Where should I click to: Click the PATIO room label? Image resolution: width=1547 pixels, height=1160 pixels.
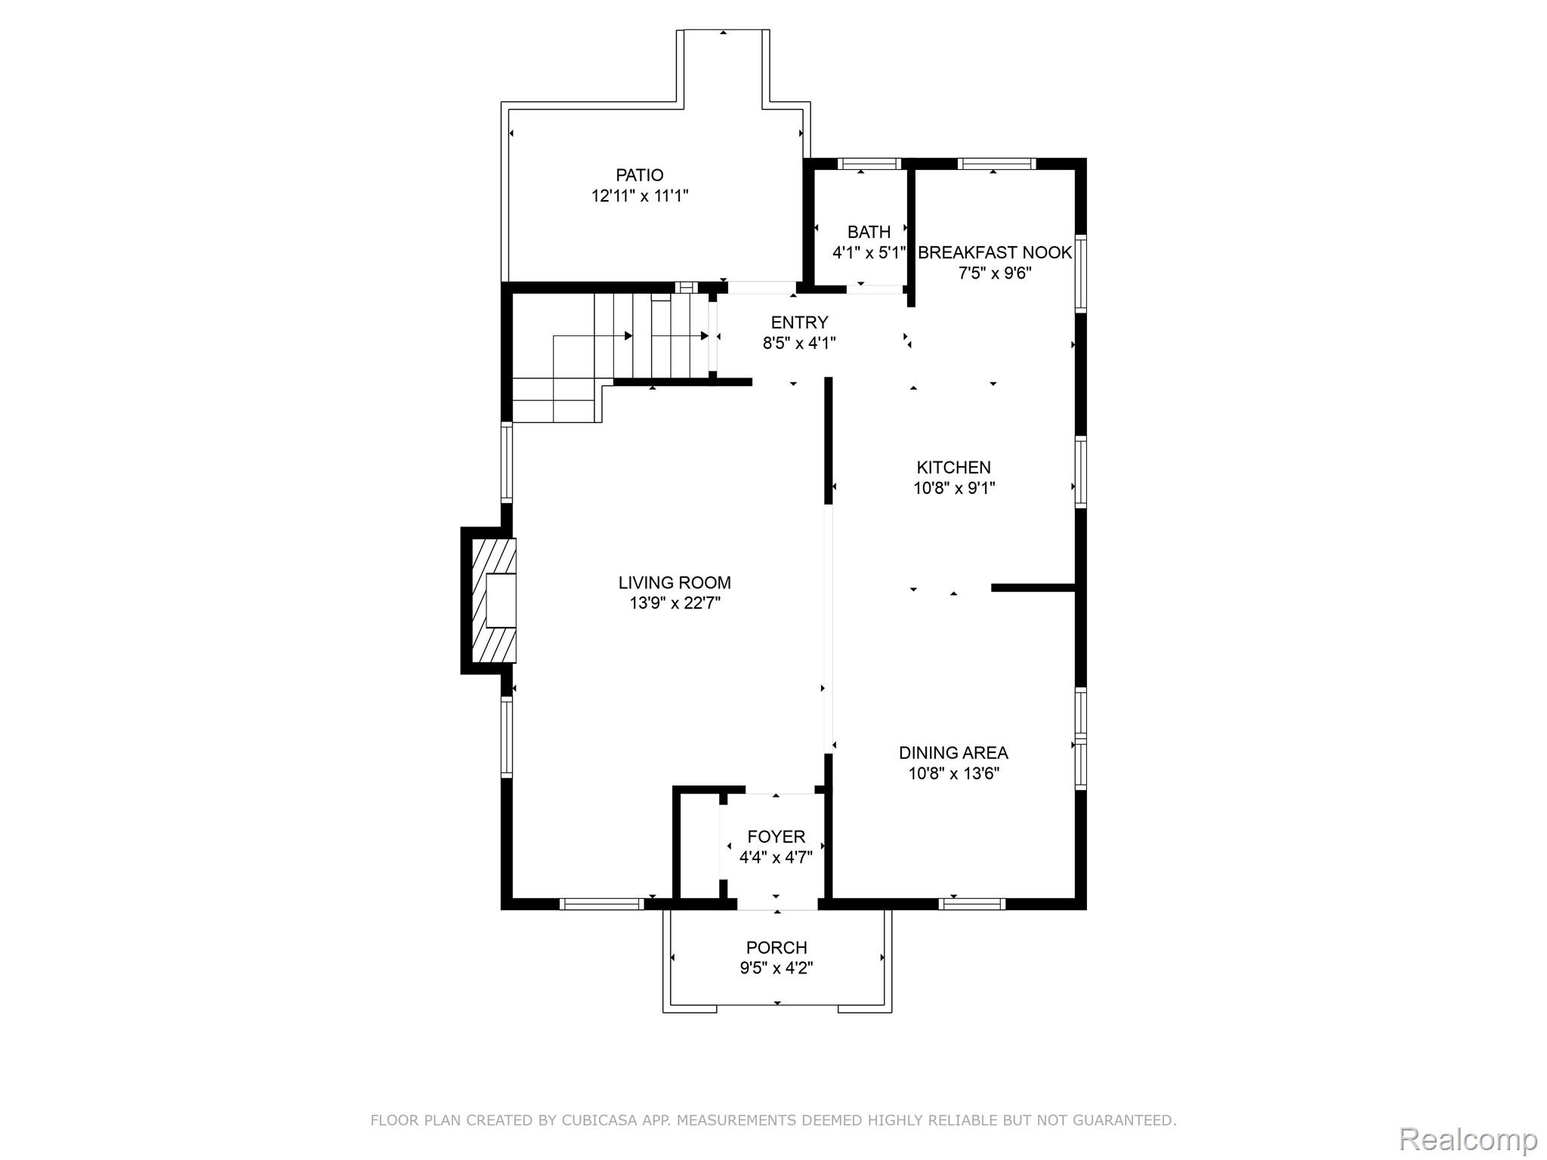click(640, 175)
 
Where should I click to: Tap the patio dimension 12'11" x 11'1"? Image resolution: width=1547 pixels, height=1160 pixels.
click(640, 196)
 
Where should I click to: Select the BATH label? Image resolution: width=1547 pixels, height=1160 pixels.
click(869, 232)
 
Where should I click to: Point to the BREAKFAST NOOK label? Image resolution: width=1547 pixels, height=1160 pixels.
click(995, 252)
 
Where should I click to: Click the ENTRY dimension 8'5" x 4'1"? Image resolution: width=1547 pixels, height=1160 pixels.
click(799, 344)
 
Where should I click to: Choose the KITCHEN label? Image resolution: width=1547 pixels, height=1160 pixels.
click(954, 467)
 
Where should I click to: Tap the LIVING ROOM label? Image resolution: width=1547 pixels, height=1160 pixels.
click(675, 582)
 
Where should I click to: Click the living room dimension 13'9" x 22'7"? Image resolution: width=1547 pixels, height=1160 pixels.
click(675, 603)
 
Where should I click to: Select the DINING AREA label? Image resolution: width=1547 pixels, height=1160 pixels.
click(953, 753)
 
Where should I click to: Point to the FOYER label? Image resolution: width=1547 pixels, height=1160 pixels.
click(777, 837)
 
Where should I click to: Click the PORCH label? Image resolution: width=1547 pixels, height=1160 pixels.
click(777, 948)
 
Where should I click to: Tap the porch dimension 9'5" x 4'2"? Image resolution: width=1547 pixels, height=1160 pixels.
click(777, 968)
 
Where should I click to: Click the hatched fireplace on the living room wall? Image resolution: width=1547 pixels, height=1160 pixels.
click(493, 600)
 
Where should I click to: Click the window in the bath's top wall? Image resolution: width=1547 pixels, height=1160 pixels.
click(869, 164)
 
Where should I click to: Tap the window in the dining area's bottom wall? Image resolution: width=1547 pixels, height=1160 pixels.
click(972, 903)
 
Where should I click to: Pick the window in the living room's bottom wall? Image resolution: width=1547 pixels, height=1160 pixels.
click(601, 903)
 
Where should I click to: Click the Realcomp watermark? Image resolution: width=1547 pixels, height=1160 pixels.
click(1468, 1140)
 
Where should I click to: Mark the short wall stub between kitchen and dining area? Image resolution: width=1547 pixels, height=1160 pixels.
click(1033, 588)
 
